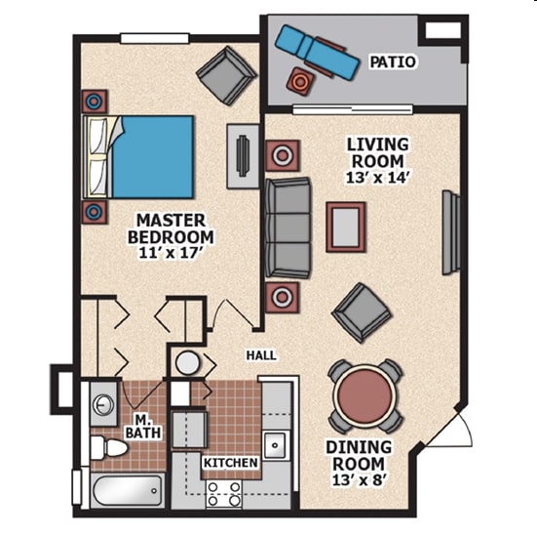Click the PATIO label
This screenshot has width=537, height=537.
point(393,62)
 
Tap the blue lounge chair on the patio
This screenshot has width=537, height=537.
point(317,52)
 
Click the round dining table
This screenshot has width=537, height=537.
point(365,395)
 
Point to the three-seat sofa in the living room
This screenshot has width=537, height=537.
point(288,227)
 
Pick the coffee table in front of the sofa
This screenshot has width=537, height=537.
point(345,227)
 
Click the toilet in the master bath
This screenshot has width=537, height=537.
point(109,447)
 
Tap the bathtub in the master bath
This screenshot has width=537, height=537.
point(128,490)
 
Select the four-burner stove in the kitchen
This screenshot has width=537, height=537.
point(224,494)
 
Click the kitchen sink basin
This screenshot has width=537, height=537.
point(275,445)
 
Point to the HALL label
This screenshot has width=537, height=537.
point(261,355)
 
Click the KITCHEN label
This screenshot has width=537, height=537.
point(230,463)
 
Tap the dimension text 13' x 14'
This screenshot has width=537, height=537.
point(378,178)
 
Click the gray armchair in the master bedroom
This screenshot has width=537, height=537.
point(226,75)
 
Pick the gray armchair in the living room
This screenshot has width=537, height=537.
point(362,312)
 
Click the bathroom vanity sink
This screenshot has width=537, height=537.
point(103,404)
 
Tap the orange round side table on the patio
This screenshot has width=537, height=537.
point(300,82)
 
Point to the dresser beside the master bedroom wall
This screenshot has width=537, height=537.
point(243,156)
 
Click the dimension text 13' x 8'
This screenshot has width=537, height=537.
point(360,480)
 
